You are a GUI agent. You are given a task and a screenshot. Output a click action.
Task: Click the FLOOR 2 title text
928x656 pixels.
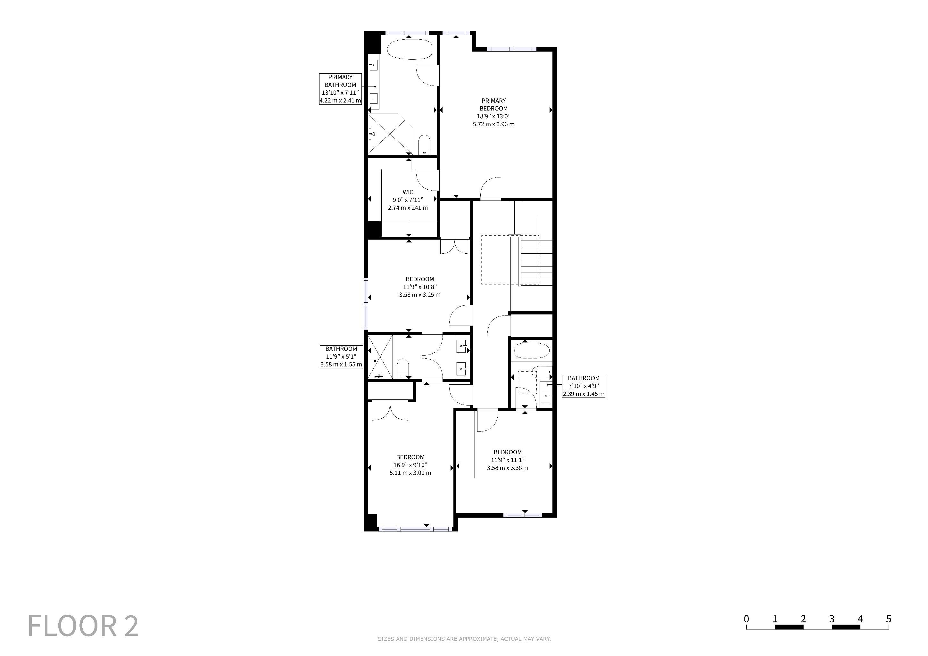pos(83,626)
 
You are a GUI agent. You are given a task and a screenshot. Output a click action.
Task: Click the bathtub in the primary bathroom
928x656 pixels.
pos(410,49)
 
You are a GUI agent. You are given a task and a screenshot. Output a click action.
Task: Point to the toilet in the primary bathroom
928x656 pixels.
pos(424,144)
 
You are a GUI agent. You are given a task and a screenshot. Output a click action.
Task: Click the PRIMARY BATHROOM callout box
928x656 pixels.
pos(340,89)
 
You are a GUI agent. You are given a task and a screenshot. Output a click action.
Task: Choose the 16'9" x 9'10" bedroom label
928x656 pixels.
pos(410,465)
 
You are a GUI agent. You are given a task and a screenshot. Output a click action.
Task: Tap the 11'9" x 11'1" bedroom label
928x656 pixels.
pos(508,460)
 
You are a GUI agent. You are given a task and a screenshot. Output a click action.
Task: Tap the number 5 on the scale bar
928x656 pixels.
pos(888,619)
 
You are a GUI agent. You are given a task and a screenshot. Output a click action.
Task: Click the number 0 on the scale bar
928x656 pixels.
pos(746,619)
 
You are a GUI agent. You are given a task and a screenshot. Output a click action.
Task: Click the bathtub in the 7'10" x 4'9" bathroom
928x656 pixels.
pos(531,351)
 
